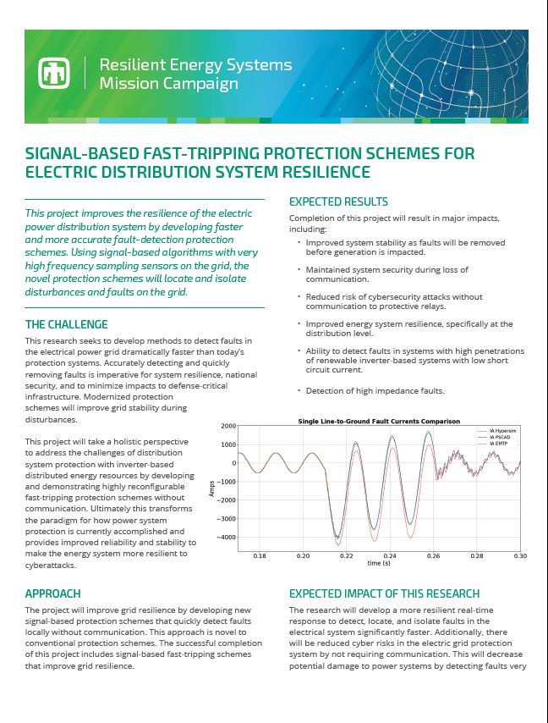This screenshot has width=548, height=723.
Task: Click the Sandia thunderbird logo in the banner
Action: click(x=53, y=74)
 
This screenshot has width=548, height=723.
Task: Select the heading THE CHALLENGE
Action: click(x=66, y=324)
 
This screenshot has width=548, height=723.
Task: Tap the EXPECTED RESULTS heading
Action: click(x=338, y=202)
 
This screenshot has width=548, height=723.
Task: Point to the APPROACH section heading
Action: click(x=53, y=593)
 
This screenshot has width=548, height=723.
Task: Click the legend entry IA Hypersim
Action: click(x=501, y=430)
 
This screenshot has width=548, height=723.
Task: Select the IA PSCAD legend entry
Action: click(x=500, y=436)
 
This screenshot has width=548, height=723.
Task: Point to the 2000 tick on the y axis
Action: click(x=226, y=427)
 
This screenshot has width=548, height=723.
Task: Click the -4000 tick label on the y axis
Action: click(x=224, y=538)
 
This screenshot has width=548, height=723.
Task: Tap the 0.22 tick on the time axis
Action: click(x=347, y=556)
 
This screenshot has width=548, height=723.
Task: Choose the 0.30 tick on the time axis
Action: click(x=519, y=556)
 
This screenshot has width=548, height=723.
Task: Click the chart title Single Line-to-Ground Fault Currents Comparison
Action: click(x=379, y=421)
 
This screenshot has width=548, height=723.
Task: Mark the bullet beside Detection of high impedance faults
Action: click(x=299, y=390)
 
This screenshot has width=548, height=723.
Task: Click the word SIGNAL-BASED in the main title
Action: click(x=81, y=153)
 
